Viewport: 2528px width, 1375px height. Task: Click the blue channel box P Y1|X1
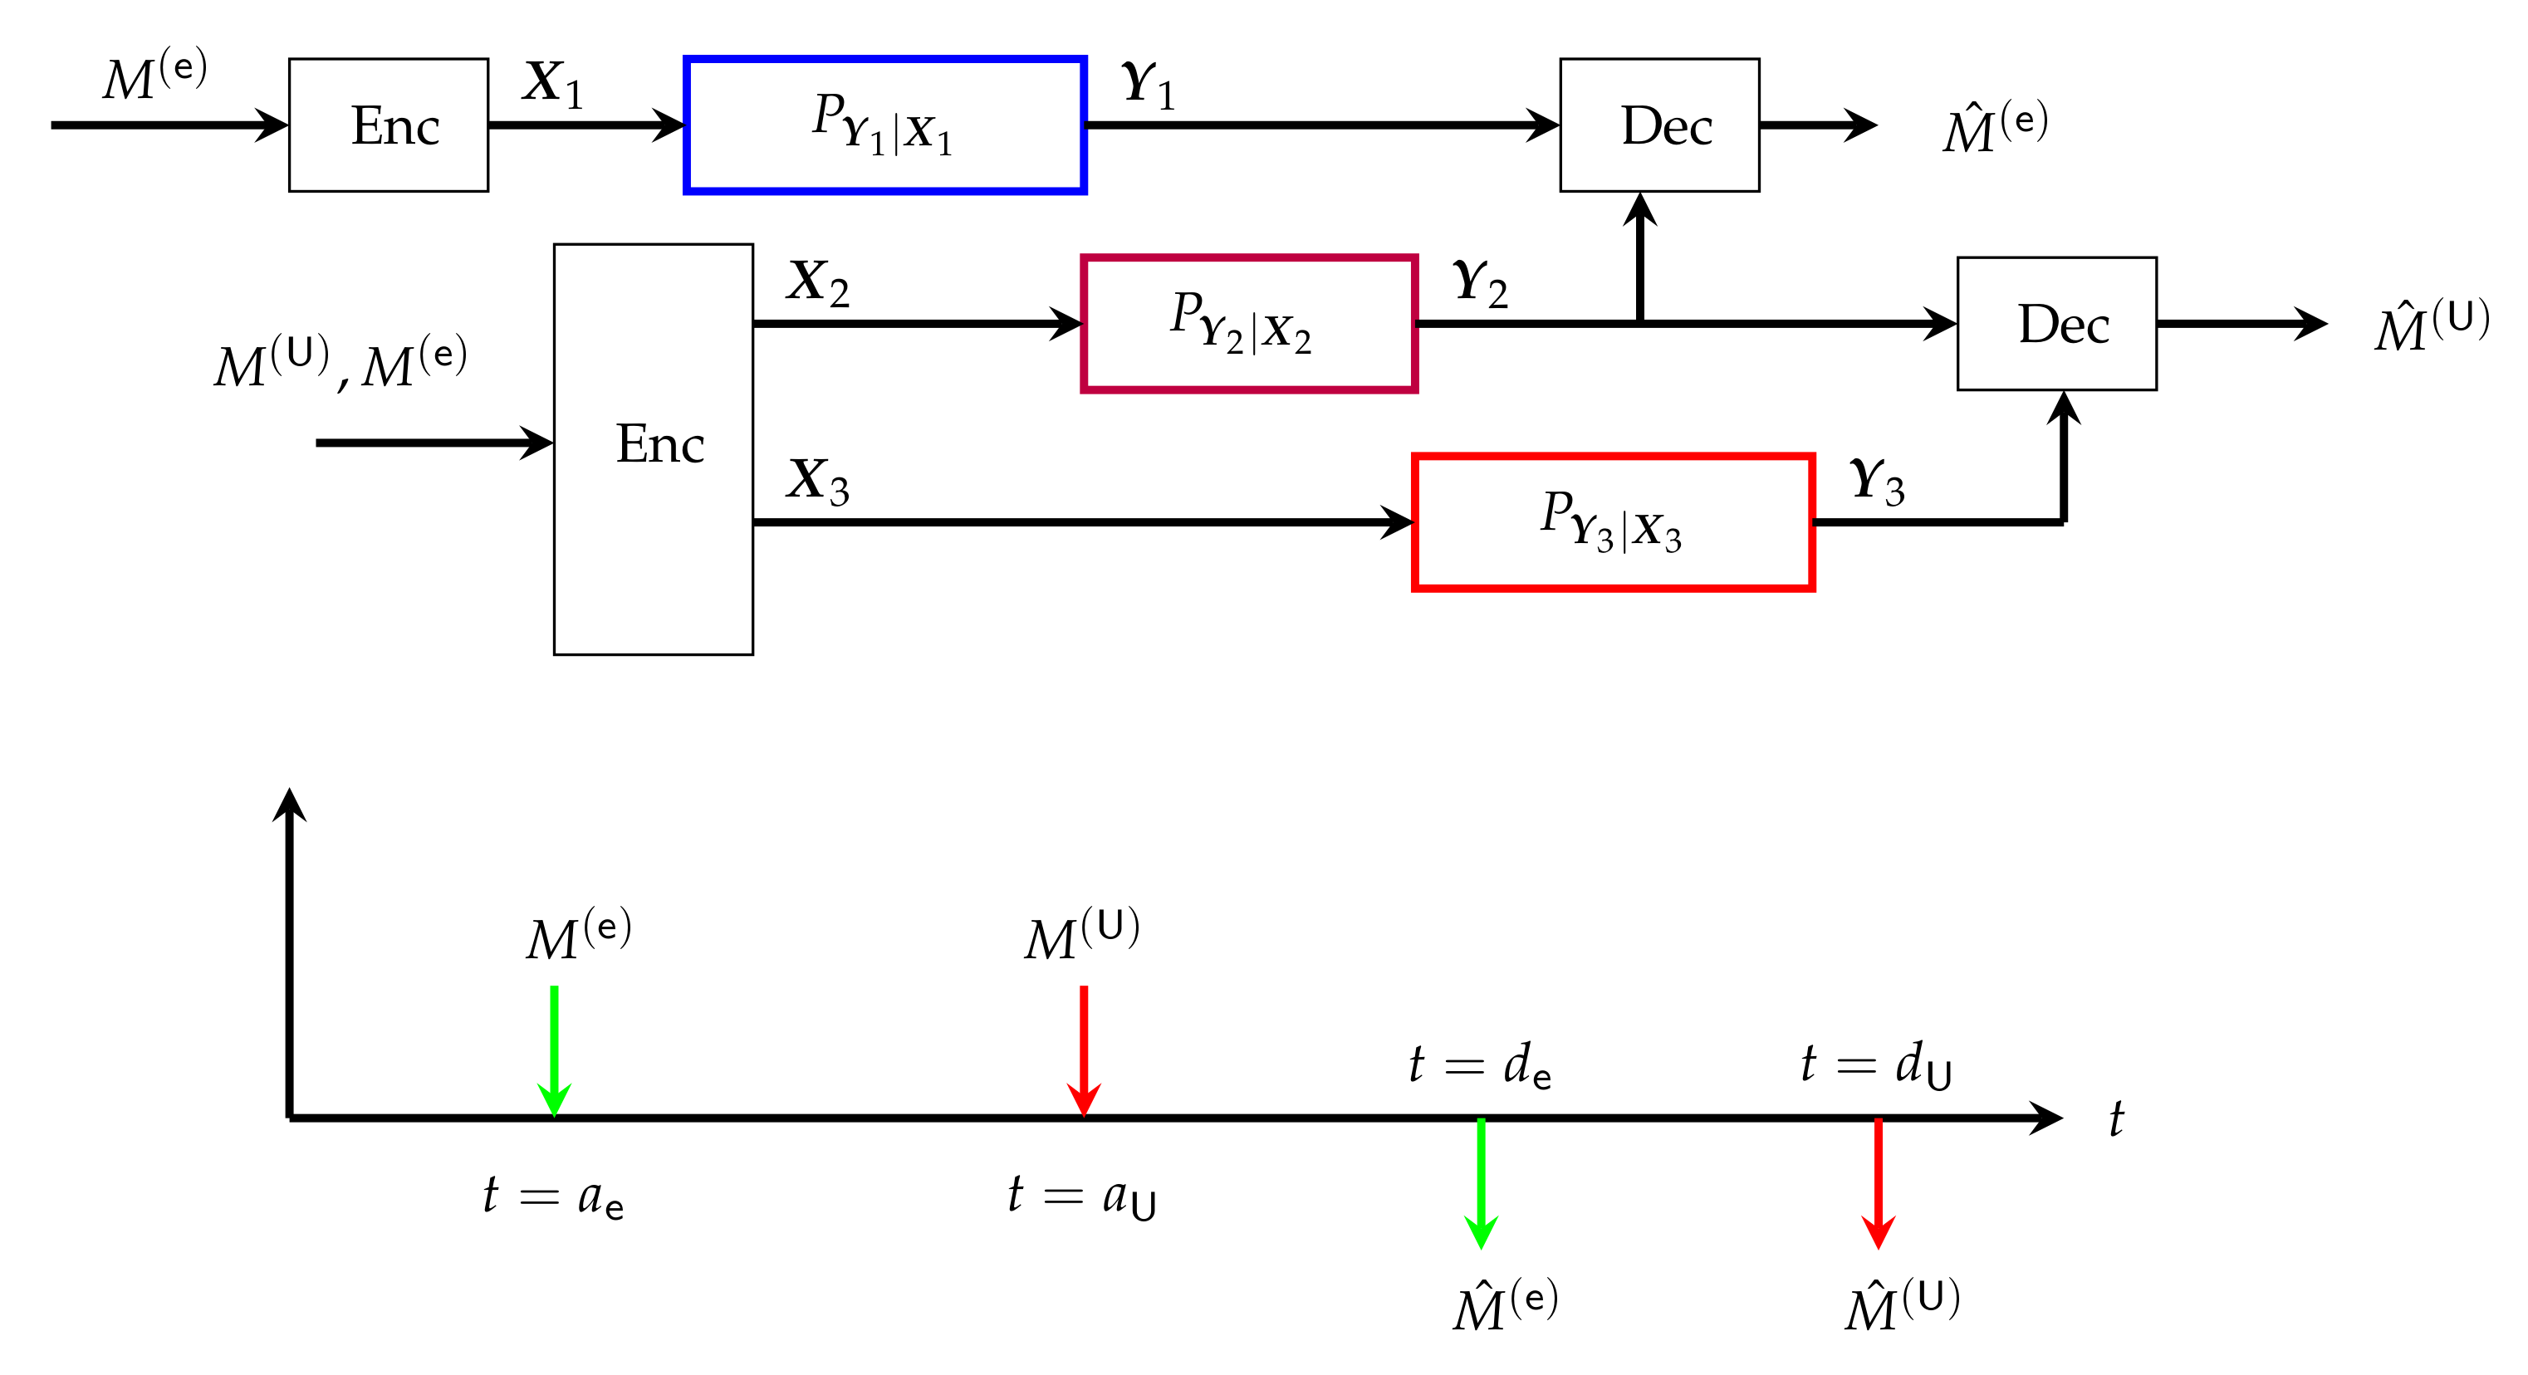pos(884,125)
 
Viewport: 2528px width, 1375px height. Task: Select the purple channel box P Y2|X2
pos(1248,324)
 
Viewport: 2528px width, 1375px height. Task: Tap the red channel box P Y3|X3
pos(1612,522)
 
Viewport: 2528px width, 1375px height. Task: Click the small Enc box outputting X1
pos(389,125)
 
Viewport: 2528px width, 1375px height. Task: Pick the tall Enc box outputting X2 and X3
pos(654,448)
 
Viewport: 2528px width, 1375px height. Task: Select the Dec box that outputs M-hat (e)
pos(1658,125)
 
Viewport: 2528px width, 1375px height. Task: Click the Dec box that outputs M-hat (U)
pos(2056,324)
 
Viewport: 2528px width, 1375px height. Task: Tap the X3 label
pos(817,481)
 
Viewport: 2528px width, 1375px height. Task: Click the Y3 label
pos(1876,481)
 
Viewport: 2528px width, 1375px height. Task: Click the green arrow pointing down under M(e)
pos(555,1050)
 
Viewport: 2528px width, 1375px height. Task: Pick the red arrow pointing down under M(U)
pos(1084,1050)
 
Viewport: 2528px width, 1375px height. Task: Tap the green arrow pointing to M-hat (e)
pos(1480,1182)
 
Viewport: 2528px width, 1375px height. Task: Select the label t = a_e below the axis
pos(552,1197)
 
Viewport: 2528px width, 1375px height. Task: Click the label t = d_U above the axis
pos(1875,1064)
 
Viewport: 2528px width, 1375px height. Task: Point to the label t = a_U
pos(1081,1197)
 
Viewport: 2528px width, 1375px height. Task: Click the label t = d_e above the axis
pos(1479,1064)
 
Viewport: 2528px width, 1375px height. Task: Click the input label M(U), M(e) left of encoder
pos(340,363)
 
